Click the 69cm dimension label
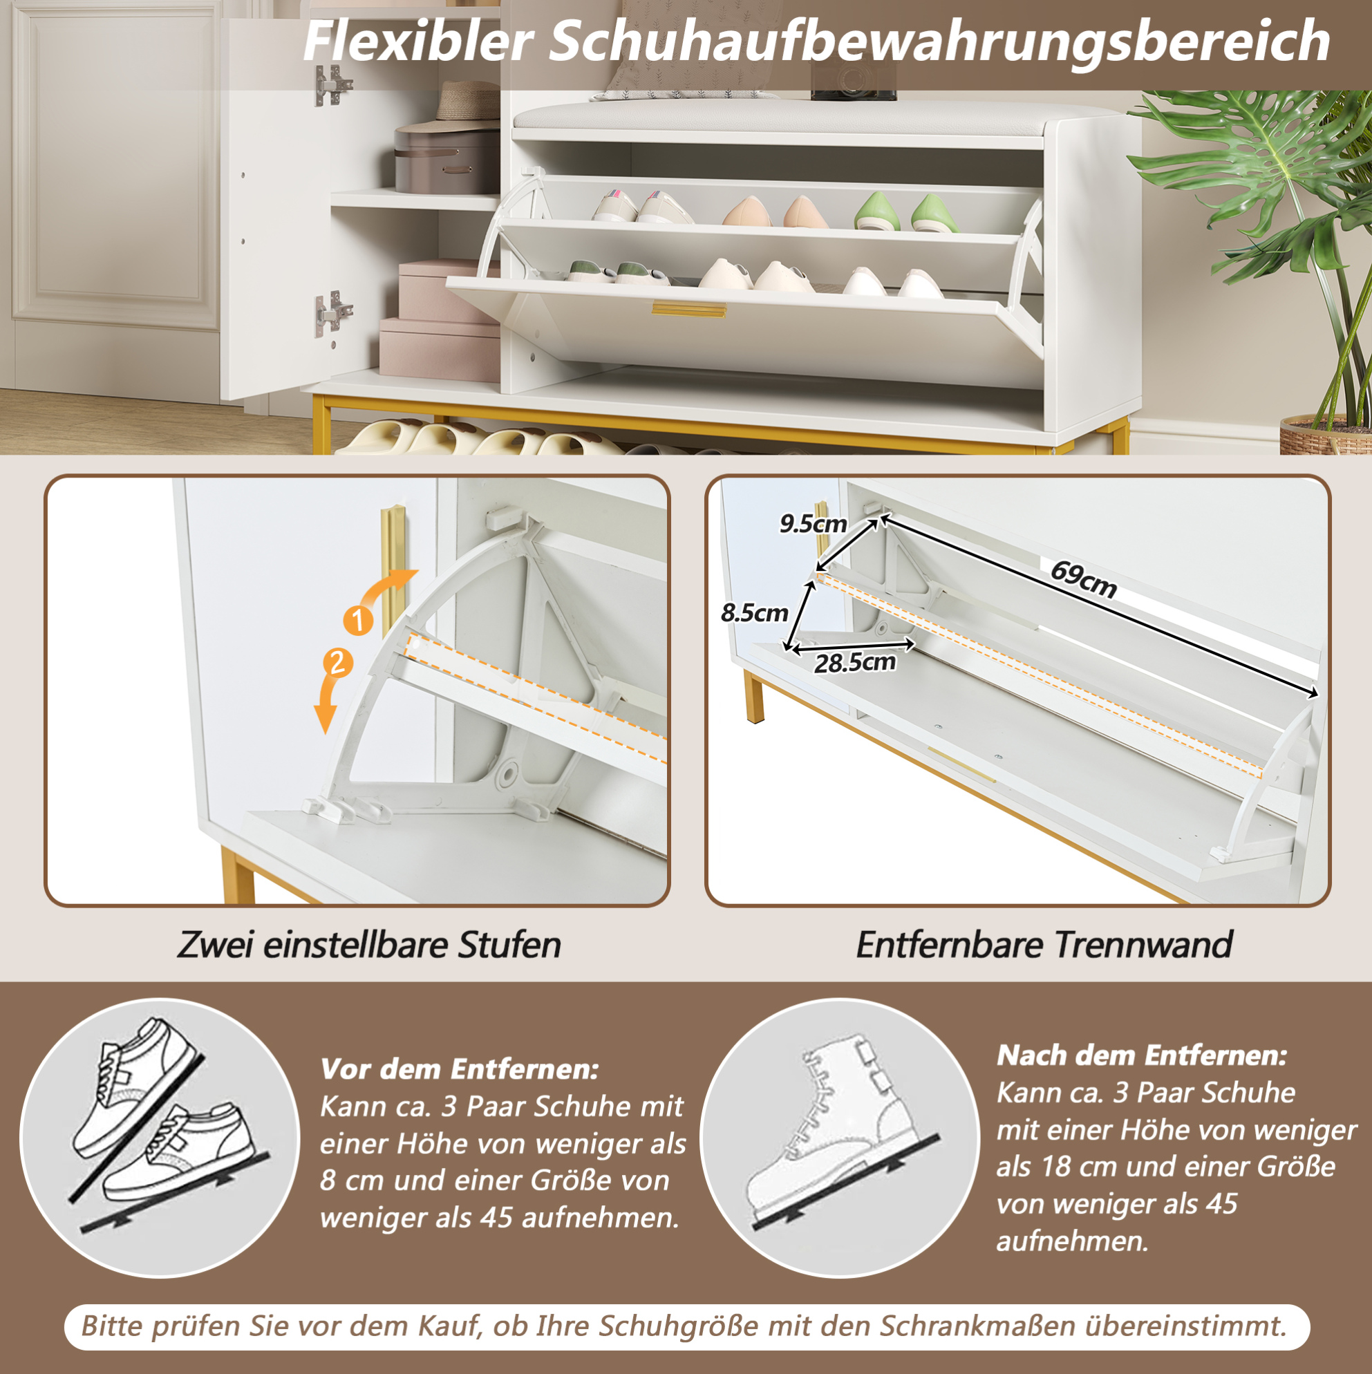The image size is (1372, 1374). click(x=1083, y=581)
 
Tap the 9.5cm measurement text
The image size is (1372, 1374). click(x=813, y=524)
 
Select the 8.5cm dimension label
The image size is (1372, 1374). click(x=755, y=613)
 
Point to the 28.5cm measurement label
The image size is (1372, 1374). click(x=855, y=663)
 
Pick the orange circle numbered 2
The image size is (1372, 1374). click(x=337, y=664)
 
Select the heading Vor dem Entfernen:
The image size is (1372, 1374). click(x=460, y=1069)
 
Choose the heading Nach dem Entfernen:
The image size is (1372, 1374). click(x=1142, y=1055)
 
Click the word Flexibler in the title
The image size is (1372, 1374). click(x=418, y=41)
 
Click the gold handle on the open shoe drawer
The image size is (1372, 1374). click(x=689, y=310)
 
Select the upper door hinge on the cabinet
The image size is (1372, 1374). click(x=332, y=85)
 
